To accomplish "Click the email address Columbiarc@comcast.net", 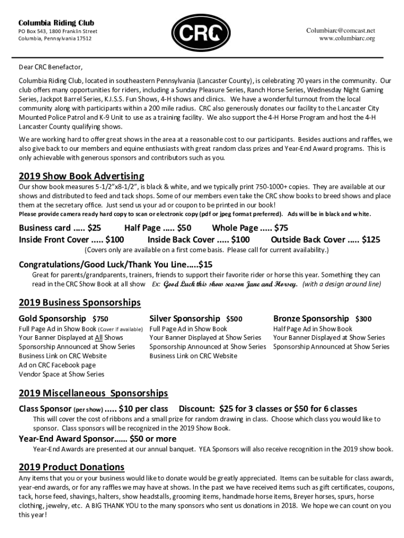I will coord(341,30).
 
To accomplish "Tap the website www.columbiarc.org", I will coord(347,38).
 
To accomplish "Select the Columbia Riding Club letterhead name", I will coord(56,23).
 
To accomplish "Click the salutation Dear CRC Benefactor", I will coord(51,67).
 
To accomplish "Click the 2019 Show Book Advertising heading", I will coord(81,175).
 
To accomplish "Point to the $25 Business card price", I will coord(94,228).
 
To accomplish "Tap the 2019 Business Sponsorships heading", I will coord(80,303).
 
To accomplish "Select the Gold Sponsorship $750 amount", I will coord(100,319).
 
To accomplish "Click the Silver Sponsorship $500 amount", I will coord(234,319).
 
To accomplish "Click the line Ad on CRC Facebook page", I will coord(57,365).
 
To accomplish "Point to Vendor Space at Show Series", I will coord(61,374).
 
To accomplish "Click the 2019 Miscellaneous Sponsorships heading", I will coord(93,393).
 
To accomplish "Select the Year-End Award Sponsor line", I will coord(98,439).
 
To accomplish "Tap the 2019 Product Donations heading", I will coord(71,467).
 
